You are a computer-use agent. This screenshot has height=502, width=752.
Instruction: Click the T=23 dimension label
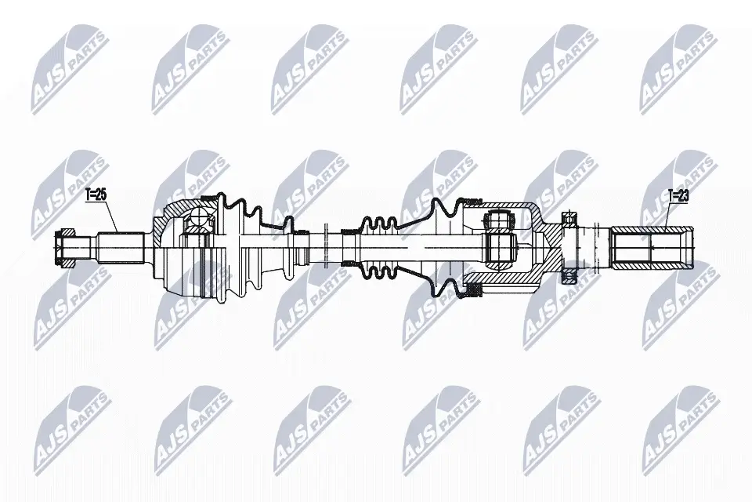678,195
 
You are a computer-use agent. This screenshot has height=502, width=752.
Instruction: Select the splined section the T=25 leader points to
121,249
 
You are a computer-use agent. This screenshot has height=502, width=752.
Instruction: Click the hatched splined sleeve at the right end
653,248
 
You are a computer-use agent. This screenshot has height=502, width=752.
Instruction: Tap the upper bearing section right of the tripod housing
569,219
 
